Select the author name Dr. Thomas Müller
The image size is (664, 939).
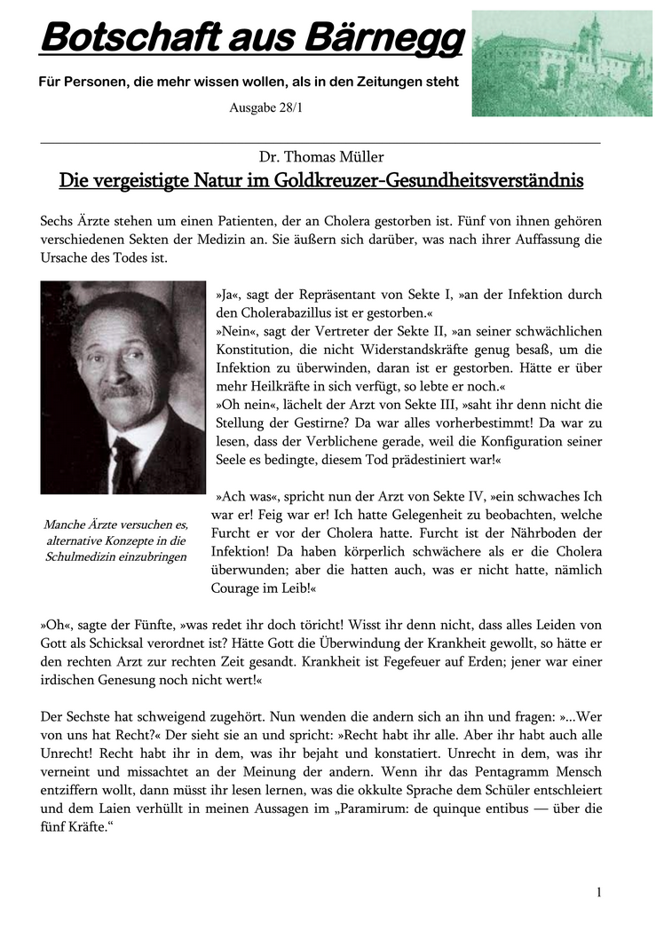(321, 157)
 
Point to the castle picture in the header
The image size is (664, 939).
(562, 63)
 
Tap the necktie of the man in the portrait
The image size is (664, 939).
(123, 462)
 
